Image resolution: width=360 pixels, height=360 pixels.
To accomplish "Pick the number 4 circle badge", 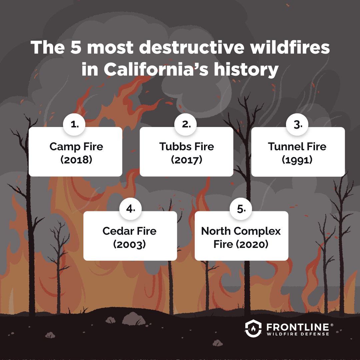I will (130, 209).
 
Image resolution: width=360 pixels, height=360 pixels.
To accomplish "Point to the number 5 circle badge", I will (241, 209).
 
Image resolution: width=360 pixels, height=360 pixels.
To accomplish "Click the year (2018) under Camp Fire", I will (76, 160).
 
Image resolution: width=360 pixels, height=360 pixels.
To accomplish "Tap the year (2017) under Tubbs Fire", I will (186, 160).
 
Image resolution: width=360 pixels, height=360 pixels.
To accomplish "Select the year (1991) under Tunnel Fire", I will (297, 160).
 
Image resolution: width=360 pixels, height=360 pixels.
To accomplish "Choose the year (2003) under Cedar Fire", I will (130, 244).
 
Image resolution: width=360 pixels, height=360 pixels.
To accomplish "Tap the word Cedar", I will (118, 231).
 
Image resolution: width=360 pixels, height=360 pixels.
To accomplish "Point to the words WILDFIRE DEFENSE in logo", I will (298, 334).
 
